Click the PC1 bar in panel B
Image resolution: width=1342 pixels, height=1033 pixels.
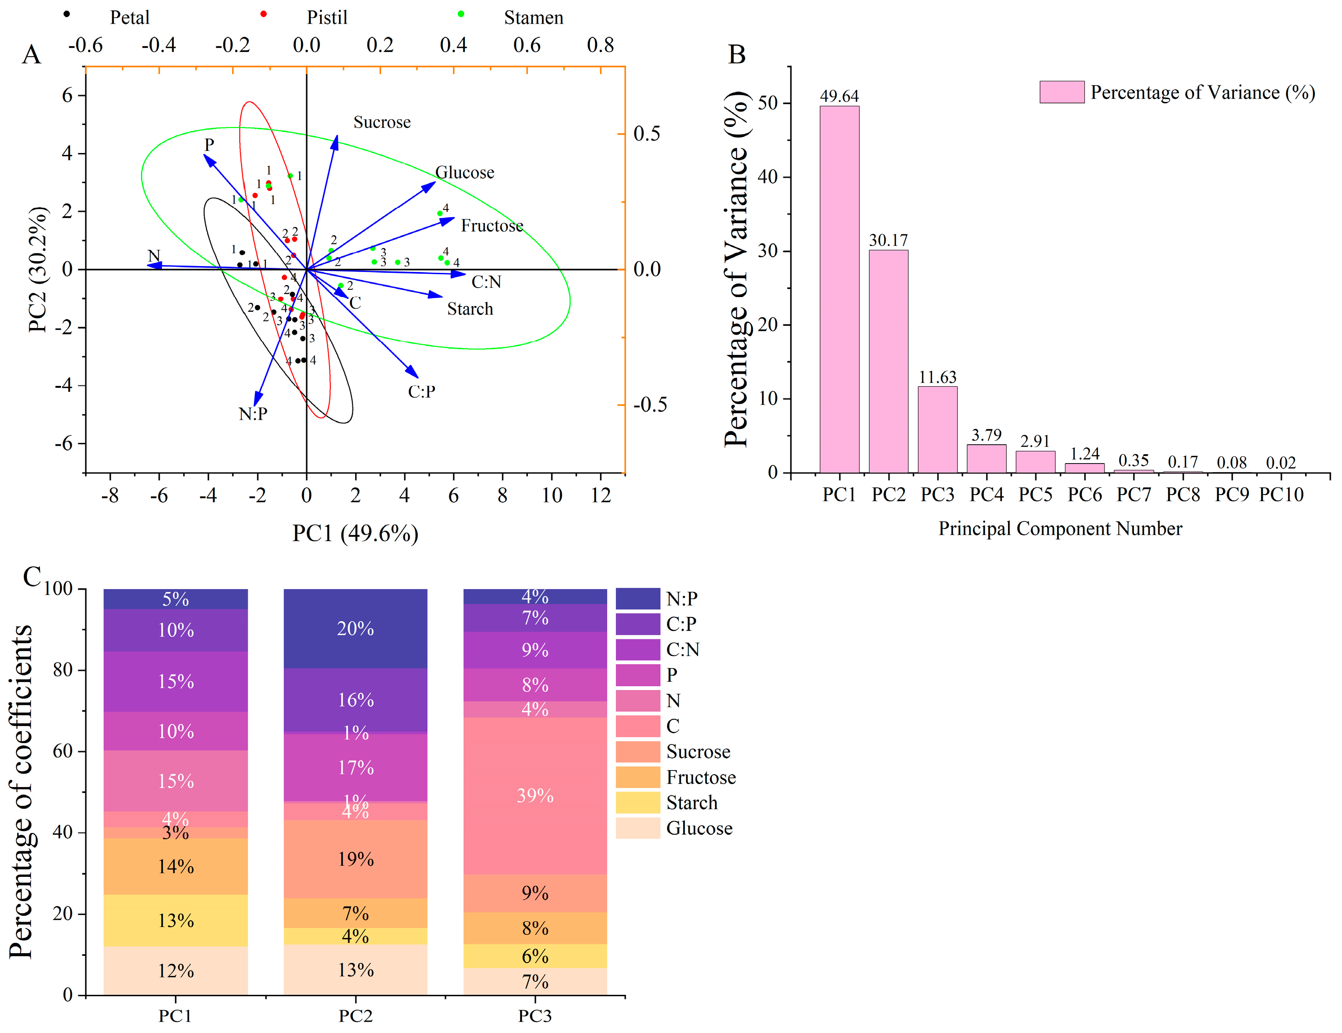(x=839, y=289)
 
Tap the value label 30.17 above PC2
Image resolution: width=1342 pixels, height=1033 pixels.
(x=888, y=240)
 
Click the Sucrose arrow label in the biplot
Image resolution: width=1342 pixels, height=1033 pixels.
(x=382, y=123)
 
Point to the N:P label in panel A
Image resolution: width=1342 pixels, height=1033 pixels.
(x=253, y=414)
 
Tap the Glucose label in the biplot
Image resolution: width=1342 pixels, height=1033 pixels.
(x=465, y=173)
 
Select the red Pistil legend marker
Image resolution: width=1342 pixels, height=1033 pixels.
(x=263, y=14)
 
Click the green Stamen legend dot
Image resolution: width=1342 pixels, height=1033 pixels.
(x=461, y=14)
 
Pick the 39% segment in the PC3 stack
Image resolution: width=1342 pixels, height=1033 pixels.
(x=535, y=795)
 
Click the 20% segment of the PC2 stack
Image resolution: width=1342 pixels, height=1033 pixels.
(x=355, y=628)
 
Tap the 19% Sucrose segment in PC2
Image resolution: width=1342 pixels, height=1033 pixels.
(x=355, y=858)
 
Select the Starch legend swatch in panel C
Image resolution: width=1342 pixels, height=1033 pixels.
(x=638, y=802)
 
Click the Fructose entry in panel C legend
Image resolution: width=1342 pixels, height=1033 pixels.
(x=701, y=777)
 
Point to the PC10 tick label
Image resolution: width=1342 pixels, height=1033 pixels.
(x=1281, y=495)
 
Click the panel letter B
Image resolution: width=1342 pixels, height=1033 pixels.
(x=737, y=54)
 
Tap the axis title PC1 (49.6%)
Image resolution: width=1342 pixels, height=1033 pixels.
(x=355, y=533)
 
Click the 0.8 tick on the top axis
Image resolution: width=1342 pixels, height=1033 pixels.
(x=601, y=45)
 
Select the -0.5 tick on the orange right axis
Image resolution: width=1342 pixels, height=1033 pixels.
(x=649, y=404)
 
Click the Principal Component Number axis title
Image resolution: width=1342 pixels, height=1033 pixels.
(x=1060, y=529)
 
